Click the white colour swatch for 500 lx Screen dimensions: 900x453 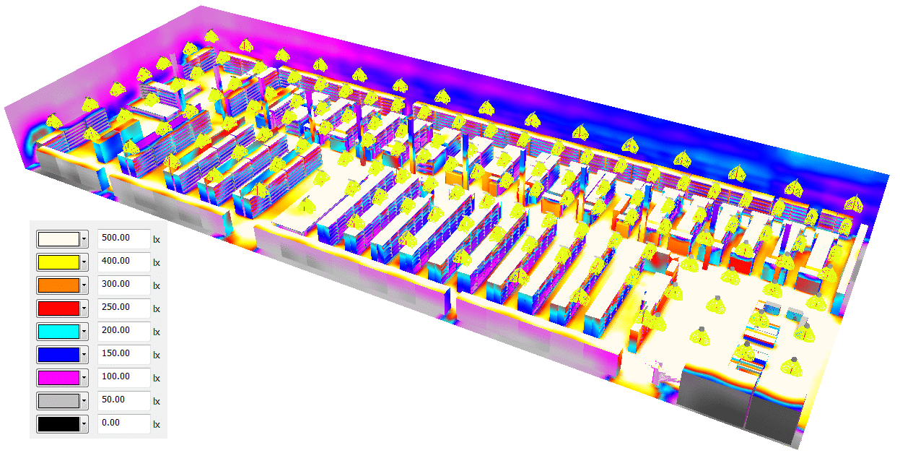[x=58, y=239]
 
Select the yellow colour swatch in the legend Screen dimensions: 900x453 [x=58, y=262]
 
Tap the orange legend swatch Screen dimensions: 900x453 [x=58, y=285]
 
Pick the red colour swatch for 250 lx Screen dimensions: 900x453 [x=58, y=309]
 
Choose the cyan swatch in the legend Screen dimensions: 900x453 [x=58, y=332]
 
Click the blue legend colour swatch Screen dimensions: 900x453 [x=58, y=355]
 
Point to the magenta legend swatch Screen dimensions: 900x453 [x=58, y=378]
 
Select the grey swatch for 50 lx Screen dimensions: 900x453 [x=58, y=401]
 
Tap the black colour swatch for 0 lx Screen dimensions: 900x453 [x=58, y=424]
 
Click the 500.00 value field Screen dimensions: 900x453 [x=123, y=239]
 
